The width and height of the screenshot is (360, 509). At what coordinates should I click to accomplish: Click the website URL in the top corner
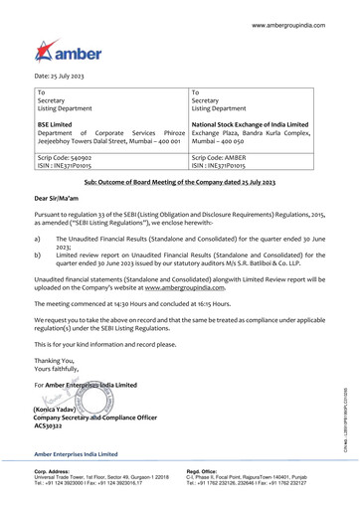click(x=297, y=21)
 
